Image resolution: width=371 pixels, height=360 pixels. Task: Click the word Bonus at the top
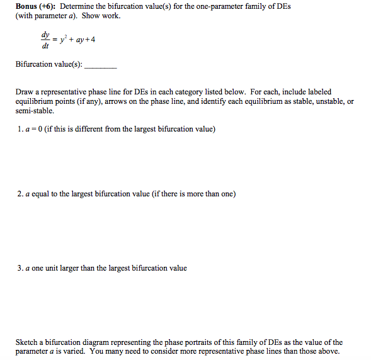click(26, 6)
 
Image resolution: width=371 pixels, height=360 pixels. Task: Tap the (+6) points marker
click(49, 6)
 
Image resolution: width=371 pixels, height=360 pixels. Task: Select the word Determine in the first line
click(80, 6)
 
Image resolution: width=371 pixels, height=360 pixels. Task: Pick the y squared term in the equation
click(64, 40)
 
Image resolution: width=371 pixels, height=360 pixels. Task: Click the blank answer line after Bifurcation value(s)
click(100, 65)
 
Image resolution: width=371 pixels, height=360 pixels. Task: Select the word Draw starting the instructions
click(24, 92)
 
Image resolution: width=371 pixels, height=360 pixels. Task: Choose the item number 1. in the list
click(20, 130)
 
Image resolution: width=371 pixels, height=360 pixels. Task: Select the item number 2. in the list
click(20, 194)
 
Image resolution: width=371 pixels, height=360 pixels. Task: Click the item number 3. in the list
click(20, 268)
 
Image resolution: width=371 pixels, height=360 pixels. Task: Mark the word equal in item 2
click(42, 194)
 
